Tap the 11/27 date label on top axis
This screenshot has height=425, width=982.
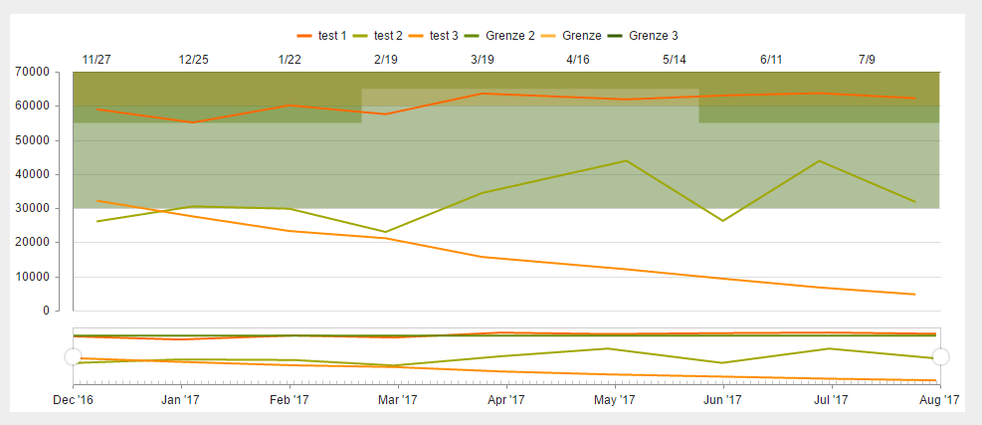(97, 60)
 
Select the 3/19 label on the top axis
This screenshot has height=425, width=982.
(482, 60)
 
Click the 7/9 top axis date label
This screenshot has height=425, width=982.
(867, 60)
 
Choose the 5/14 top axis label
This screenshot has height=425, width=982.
(675, 60)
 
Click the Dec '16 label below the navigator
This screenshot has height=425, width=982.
(74, 400)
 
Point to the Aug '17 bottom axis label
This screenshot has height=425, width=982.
(939, 400)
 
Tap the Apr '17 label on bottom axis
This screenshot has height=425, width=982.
(506, 400)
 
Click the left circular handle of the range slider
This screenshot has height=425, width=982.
(73, 355)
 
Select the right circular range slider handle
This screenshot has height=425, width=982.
(940, 355)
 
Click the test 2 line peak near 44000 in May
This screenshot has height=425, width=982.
(626, 160)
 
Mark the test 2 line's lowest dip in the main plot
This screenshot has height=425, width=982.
(386, 232)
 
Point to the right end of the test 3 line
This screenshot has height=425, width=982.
(914, 295)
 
